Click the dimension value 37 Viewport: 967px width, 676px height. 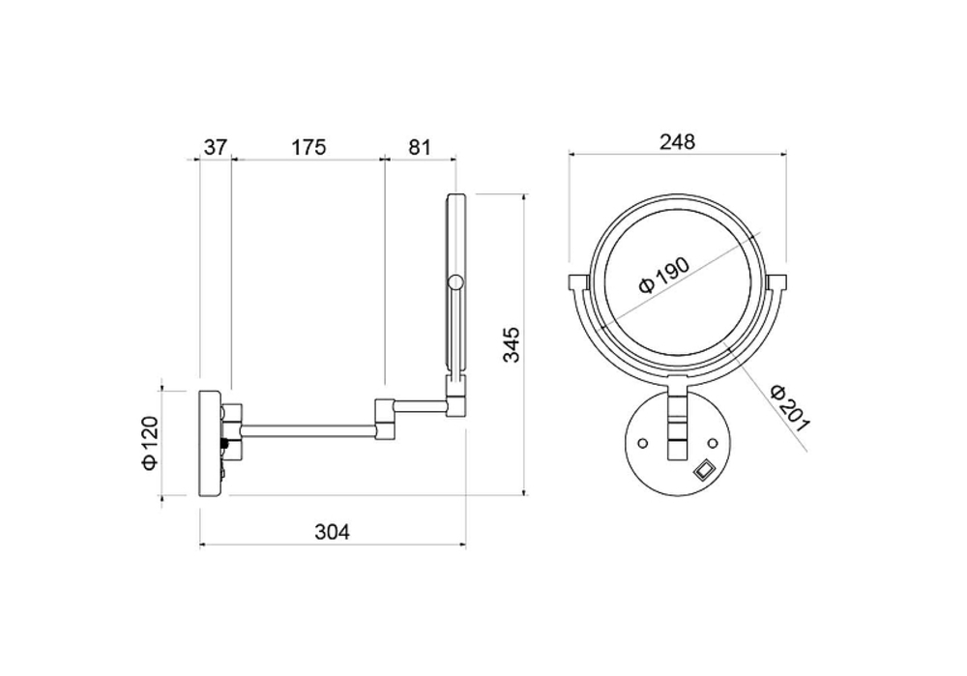pyautogui.click(x=216, y=147)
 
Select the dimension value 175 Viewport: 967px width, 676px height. pyautogui.click(x=308, y=147)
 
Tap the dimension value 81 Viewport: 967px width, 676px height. pyautogui.click(x=419, y=147)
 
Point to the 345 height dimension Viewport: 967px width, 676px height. pyautogui.click(x=512, y=344)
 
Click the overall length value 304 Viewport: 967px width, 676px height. pyautogui.click(x=332, y=531)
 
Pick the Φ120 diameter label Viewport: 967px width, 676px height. pyautogui.click(x=151, y=443)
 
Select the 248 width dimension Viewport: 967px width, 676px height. pyautogui.click(x=677, y=142)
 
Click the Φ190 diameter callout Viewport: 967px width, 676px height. pyautogui.click(x=664, y=275)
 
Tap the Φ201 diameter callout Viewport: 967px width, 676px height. pyautogui.click(x=790, y=409)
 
